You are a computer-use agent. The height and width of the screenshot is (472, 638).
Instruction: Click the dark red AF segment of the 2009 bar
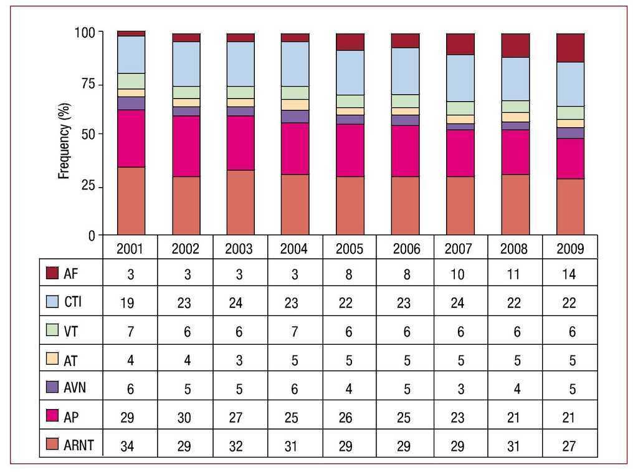(570, 47)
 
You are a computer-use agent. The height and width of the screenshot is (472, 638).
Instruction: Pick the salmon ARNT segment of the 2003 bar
(240, 202)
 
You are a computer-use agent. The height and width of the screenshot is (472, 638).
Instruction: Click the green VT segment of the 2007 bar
(460, 108)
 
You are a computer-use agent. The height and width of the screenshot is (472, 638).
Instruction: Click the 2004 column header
(294, 249)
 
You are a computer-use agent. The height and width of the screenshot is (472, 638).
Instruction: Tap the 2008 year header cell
(514, 249)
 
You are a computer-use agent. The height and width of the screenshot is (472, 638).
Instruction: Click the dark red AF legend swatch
(52, 273)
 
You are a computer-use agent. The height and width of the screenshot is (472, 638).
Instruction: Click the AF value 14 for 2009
(569, 274)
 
